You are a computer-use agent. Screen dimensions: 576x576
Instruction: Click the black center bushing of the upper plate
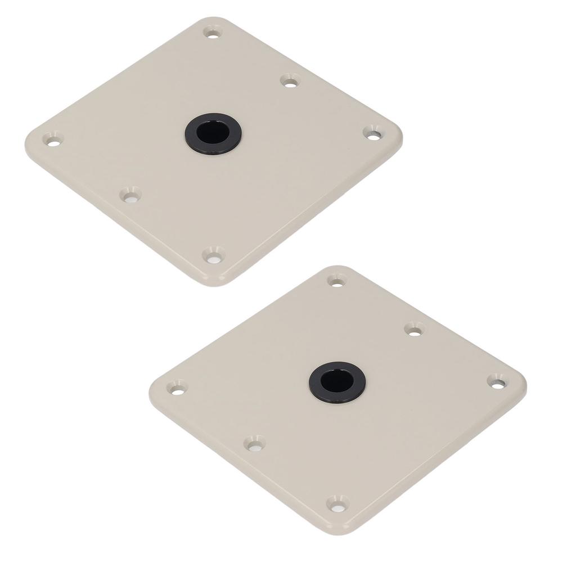point(213,133)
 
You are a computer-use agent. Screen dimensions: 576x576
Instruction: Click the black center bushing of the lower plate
point(337,382)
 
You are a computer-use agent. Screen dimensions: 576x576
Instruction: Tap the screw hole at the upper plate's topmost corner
point(213,32)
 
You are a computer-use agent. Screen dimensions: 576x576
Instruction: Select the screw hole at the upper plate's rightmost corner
point(372,134)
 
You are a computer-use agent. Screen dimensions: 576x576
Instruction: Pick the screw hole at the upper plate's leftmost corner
point(53,139)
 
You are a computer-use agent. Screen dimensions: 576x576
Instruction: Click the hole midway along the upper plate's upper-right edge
point(290,82)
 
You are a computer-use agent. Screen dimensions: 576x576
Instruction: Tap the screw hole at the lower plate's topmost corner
point(336,280)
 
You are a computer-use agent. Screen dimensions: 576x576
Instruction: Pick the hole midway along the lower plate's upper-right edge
point(415,330)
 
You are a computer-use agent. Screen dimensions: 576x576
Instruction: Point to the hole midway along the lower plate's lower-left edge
point(255,444)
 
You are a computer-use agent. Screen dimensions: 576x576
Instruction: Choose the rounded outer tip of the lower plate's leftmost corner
point(151,391)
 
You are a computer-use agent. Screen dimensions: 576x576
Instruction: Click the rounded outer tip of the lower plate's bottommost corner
point(342,533)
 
